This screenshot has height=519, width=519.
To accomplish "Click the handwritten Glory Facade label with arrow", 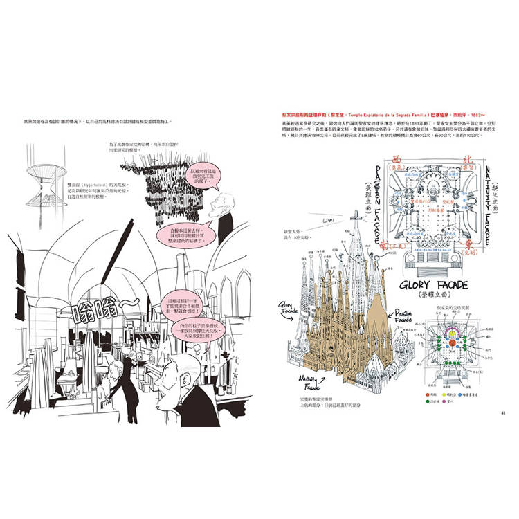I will click(x=289, y=308).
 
